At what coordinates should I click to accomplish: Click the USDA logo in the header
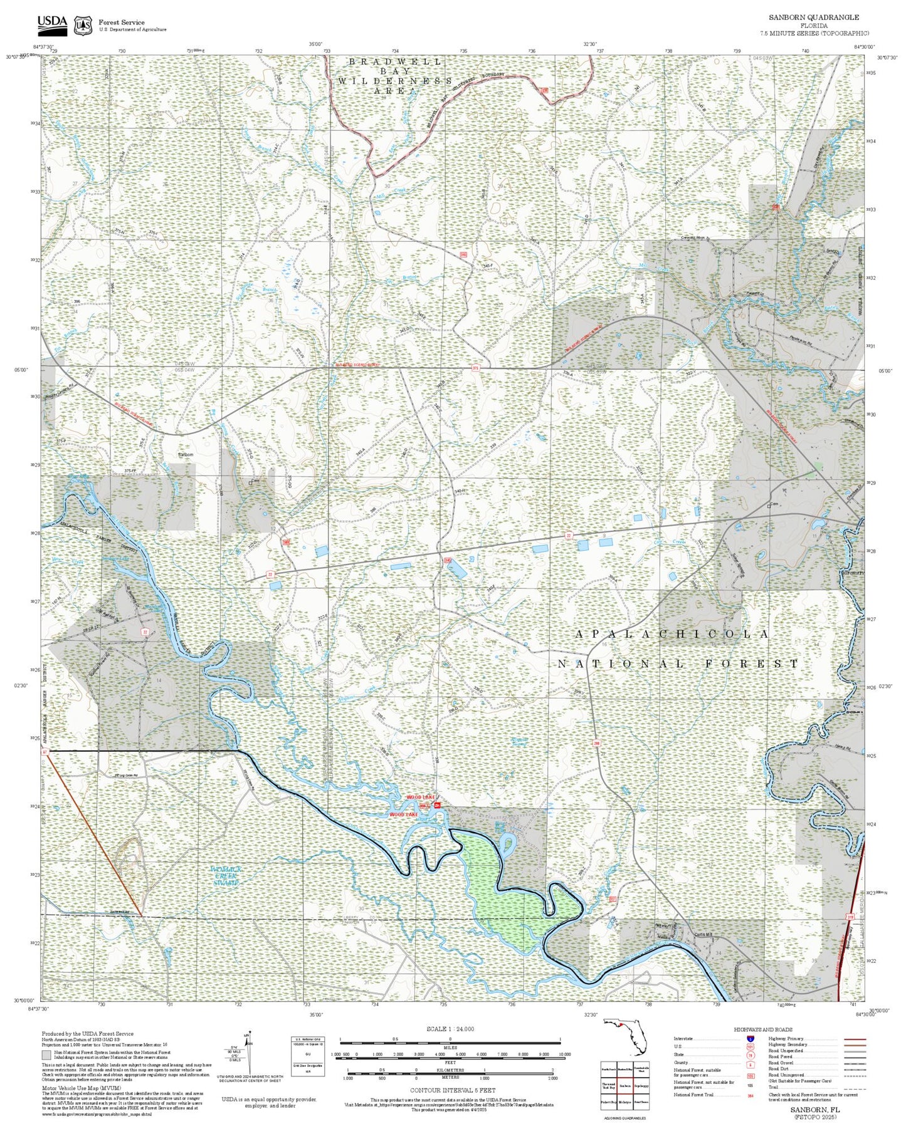click(x=51, y=24)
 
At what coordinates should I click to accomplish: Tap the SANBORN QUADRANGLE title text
click(x=814, y=18)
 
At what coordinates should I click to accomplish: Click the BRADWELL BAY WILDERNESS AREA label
click(x=395, y=76)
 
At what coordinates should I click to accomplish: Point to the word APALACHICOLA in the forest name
click(x=672, y=635)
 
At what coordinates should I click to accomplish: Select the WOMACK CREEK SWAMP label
click(x=226, y=875)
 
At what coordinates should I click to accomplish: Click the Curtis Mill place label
click(x=703, y=934)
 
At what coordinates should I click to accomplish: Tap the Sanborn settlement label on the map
click(x=186, y=454)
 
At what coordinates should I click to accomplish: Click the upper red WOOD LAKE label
click(x=420, y=797)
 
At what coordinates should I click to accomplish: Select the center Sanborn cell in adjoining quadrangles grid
click(x=624, y=1085)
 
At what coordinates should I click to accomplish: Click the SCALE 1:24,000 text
click(x=450, y=1029)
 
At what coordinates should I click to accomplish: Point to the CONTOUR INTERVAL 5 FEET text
click(x=450, y=1090)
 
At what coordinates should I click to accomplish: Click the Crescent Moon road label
click(x=697, y=238)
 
